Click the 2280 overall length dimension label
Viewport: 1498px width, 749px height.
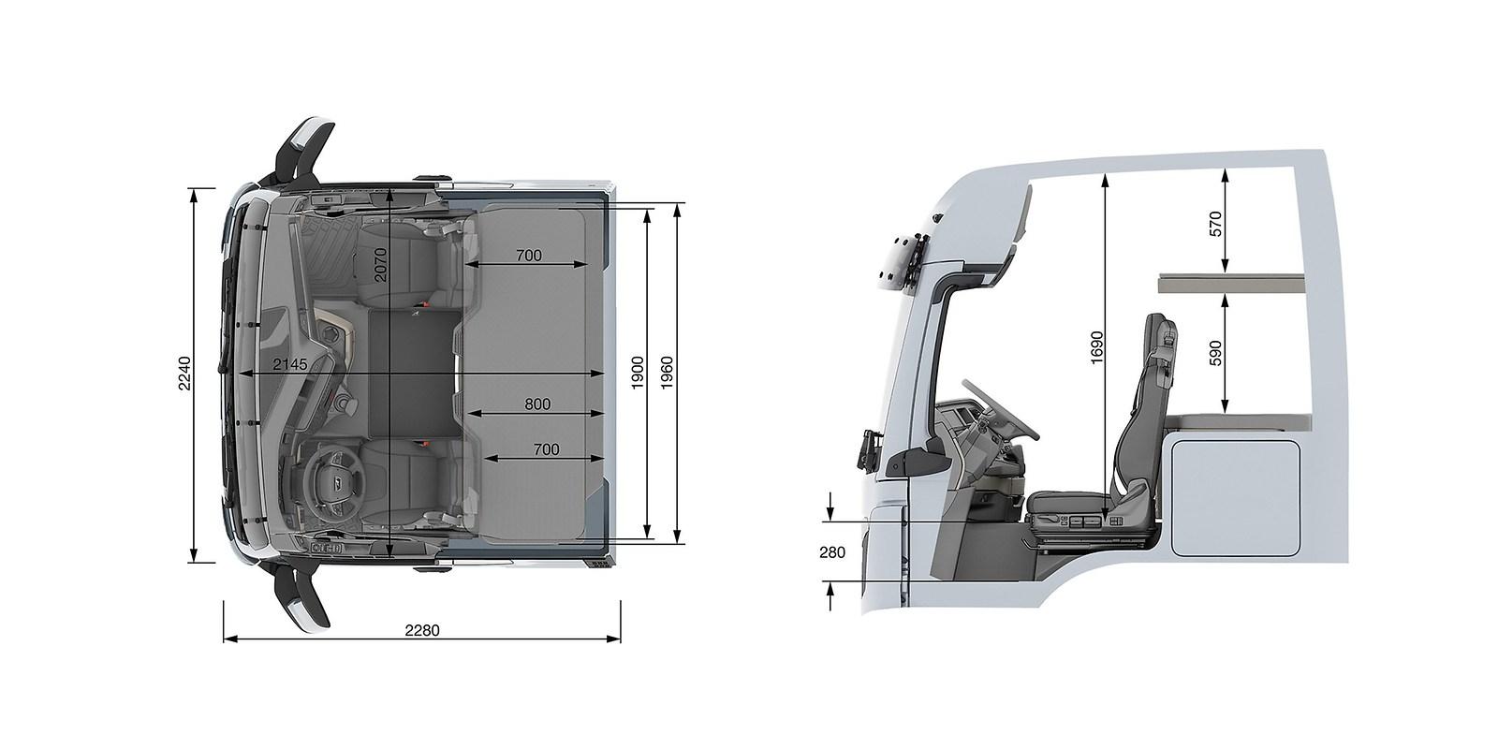click(x=422, y=631)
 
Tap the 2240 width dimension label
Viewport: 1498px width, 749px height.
click(x=185, y=374)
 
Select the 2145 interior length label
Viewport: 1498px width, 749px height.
click(x=289, y=364)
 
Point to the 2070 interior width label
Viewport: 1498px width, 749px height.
click(x=380, y=265)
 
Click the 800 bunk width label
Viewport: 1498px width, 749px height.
click(x=537, y=404)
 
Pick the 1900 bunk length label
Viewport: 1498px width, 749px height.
click(x=638, y=374)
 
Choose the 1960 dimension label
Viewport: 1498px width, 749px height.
click(x=667, y=374)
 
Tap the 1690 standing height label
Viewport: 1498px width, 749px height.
click(x=1096, y=347)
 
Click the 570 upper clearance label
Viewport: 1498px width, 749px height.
click(x=1216, y=224)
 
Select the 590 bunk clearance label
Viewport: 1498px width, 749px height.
click(x=1216, y=353)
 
